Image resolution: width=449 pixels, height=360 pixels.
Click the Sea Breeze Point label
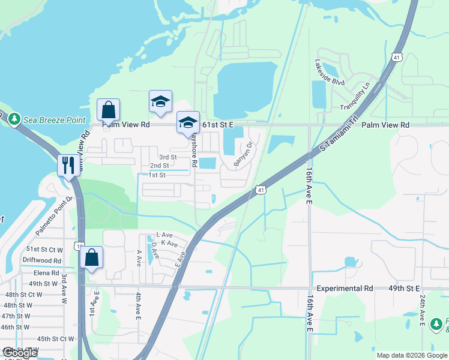tap(54, 120)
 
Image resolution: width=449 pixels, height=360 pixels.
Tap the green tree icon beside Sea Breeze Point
tap(14, 120)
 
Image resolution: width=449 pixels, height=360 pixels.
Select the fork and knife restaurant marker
tap(67, 164)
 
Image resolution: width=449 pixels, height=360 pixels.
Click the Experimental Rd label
tap(345, 289)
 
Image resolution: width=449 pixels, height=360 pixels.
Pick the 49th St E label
tap(403, 289)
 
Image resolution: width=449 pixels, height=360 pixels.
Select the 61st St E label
tap(217, 124)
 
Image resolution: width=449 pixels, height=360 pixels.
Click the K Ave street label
tap(169, 244)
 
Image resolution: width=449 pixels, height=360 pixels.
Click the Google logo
tap(20, 353)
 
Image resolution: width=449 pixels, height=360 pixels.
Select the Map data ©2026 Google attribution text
tap(411, 355)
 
